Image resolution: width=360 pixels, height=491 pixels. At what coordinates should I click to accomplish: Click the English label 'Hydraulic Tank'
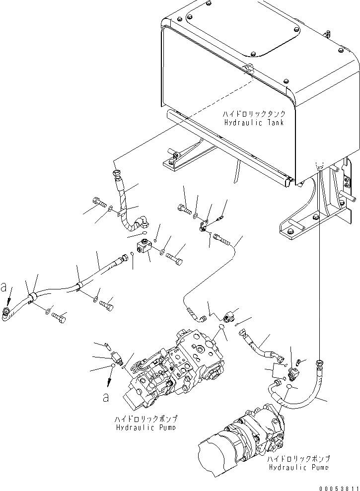coord(253,123)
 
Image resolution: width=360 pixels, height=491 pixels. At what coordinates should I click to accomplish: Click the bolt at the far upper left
coord(98,203)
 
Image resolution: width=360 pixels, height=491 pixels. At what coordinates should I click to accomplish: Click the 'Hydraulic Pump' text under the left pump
coord(146,427)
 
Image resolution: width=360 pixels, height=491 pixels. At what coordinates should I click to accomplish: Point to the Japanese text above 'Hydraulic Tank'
coord(254,114)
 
